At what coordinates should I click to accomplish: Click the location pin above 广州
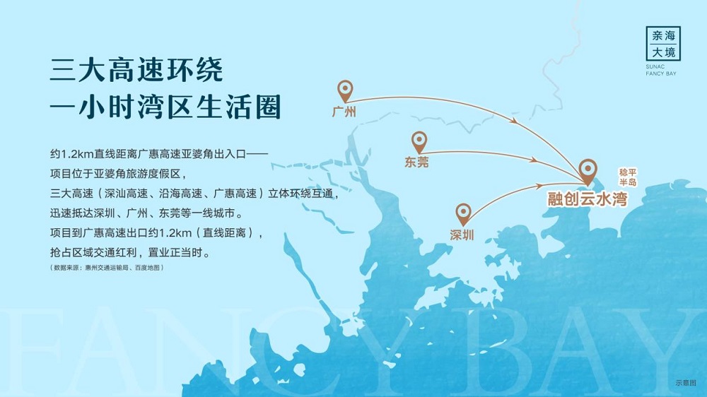345,90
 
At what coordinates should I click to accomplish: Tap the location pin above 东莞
419,142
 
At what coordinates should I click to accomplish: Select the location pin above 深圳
463,214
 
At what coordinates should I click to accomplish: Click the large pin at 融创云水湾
588,171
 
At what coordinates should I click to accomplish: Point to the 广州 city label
344,112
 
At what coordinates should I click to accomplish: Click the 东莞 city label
416,162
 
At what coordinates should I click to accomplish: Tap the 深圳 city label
462,235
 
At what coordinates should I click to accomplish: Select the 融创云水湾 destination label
588,198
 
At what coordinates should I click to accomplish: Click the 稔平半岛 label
628,177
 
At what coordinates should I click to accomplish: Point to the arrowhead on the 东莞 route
533,160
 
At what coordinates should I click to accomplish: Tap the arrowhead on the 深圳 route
538,185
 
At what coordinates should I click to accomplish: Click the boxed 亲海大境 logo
663,44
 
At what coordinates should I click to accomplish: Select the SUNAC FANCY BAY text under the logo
661,70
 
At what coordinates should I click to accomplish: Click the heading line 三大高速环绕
136,70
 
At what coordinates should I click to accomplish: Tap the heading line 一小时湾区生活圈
165,107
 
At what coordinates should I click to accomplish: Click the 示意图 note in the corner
686,383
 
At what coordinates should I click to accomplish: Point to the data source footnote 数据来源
107,268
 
